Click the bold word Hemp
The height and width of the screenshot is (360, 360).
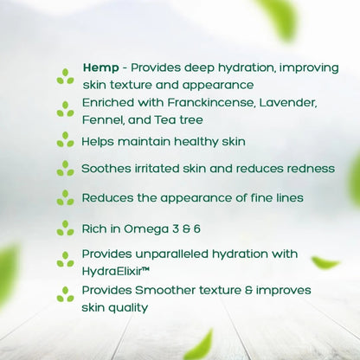pos(100,68)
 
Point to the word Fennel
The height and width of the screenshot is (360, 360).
pos(103,119)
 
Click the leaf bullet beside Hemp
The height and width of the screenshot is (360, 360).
pos(65,77)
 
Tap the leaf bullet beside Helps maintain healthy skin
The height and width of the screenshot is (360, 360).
pos(65,139)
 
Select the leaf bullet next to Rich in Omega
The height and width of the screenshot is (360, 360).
pos(65,228)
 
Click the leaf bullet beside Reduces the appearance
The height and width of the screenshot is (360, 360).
pos(65,197)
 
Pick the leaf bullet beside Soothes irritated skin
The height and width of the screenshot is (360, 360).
pos(65,168)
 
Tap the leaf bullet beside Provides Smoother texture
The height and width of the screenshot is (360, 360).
pos(65,294)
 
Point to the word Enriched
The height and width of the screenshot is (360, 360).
pos(109,103)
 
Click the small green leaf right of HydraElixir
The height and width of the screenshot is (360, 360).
pos(325,262)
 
